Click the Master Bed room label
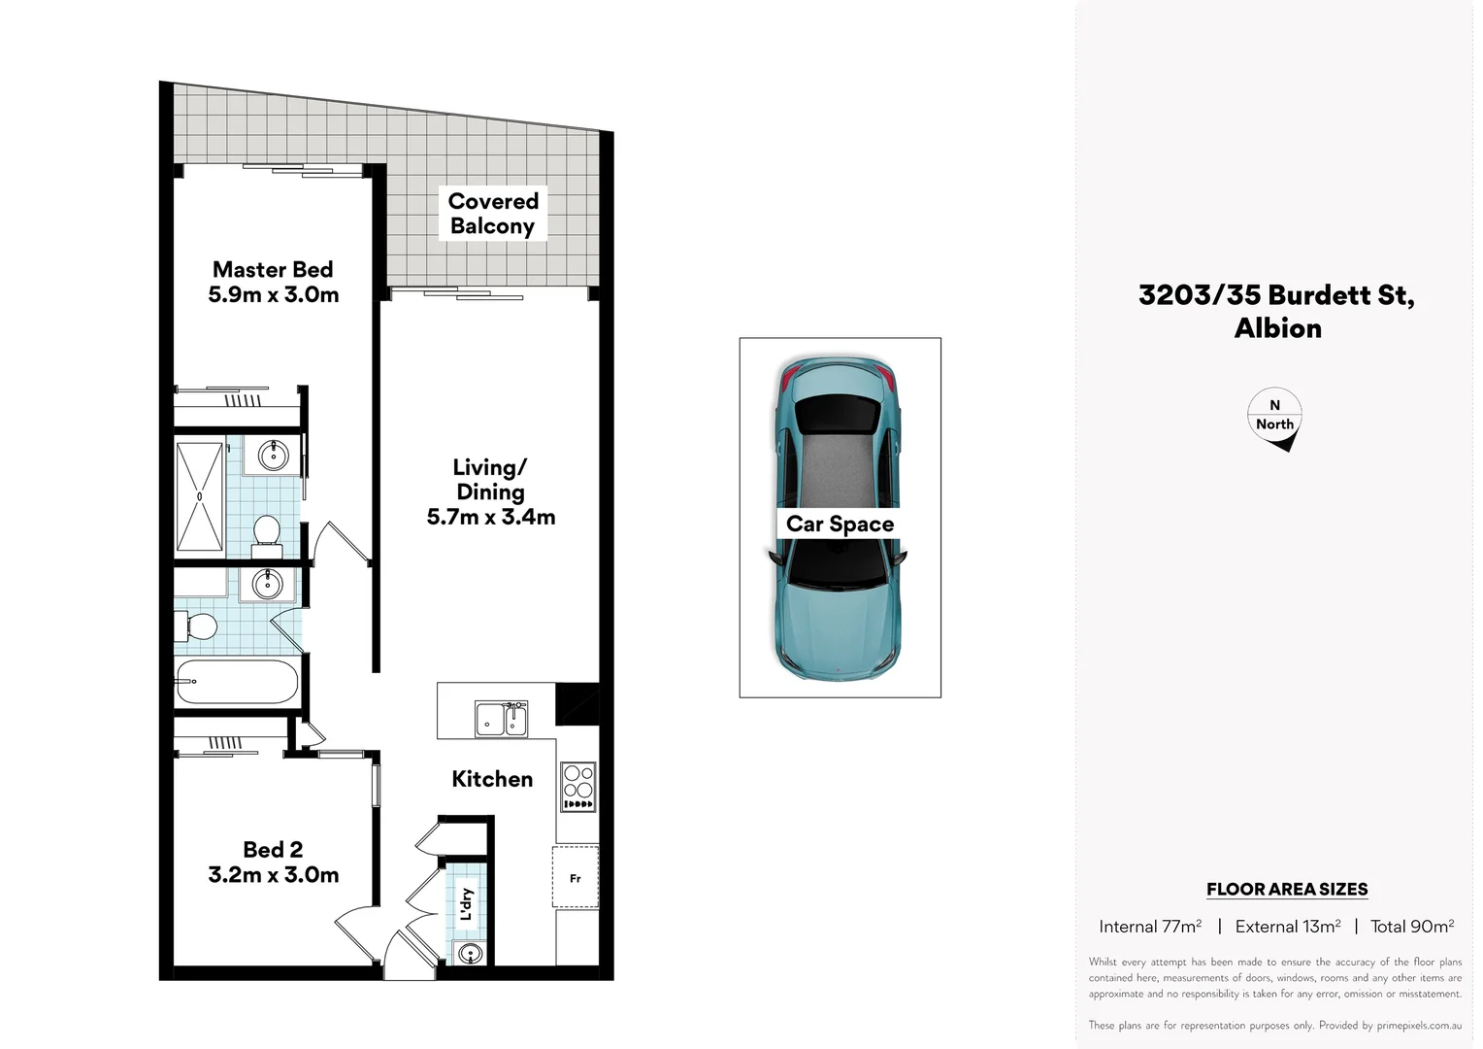(x=273, y=270)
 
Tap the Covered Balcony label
(x=493, y=214)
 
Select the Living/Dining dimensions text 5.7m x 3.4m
(x=491, y=518)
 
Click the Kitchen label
(x=492, y=779)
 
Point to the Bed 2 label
(x=273, y=850)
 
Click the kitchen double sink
(x=502, y=720)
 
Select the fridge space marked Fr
(x=576, y=878)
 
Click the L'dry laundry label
(x=467, y=903)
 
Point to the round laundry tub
(x=470, y=954)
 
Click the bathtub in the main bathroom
(x=237, y=682)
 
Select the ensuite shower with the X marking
(x=200, y=496)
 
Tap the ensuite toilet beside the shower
(x=266, y=535)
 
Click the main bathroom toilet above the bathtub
(x=198, y=626)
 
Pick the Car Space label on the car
(x=840, y=524)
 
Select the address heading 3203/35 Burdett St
(x=1276, y=295)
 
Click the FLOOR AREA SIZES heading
(x=1287, y=890)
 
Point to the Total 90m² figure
(x=1412, y=927)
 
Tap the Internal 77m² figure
(x=1150, y=927)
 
